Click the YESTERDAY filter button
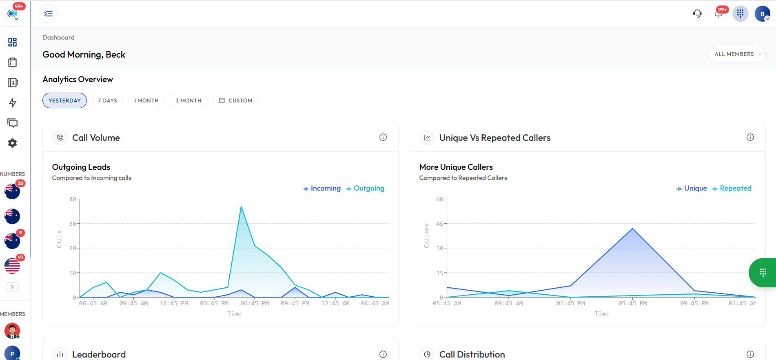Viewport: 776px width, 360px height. (64, 100)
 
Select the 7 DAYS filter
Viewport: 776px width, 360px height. (107, 100)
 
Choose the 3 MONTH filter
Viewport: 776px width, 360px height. (188, 100)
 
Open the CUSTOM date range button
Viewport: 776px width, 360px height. (235, 100)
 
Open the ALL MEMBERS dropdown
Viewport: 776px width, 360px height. (736, 54)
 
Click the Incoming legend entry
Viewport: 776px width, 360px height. (321, 188)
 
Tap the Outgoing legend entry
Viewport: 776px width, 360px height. (365, 188)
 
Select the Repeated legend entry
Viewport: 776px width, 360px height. (731, 188)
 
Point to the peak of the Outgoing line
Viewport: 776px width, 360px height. (241, 207)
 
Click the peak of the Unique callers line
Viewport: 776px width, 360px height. (632, 229)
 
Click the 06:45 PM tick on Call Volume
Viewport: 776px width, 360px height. (255, 303)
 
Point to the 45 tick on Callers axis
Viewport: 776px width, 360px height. (439, 224)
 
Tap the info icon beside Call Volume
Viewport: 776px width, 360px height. (383, 138)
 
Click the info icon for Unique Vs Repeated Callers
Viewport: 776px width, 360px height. (750, 138)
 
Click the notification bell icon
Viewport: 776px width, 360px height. (718, 14)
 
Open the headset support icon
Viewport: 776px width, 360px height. (697, 14)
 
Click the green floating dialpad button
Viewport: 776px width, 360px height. (763, 273)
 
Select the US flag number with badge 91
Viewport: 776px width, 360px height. (12, 266)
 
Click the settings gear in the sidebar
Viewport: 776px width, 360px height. (13, 143)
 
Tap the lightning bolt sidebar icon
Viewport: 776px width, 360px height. (13, 103)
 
